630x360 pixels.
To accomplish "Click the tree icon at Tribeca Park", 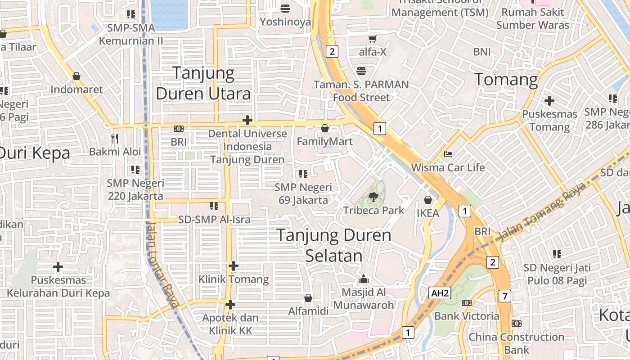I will pyautogui.click(x=373, y=196).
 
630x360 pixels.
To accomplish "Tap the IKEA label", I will pyautogui.click(x=427, y=213).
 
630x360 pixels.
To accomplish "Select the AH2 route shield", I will pyautogui.click(x=439, y=293).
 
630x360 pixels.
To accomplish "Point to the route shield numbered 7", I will pyautogui.click(x=505, y=296).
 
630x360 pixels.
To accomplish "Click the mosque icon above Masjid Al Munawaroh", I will pyautogui.click(x=363, y=279).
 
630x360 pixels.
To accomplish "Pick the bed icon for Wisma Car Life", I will pyautogui.click(x=448, y=154).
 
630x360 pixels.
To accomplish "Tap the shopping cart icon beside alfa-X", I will pyautogui.click(x=372, y=39).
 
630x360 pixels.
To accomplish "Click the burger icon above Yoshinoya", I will pyautogui.click(x=285, y=8).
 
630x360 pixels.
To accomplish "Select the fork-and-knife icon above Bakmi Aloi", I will pyautogui.click(x=115, y=138).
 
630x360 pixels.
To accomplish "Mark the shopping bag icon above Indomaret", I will pyautogui.click(x=76, y=76).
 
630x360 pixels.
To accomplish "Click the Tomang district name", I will pyautogui.click(x=506, y=80).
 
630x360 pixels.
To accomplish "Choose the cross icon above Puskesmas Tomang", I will pyautogui.click(x=549, y=101).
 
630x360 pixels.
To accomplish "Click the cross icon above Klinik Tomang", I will pyautogui.click(x=233, y=266).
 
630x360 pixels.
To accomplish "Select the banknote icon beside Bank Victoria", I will pyautogui.click(x=467, y=303).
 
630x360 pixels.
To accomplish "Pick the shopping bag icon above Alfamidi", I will pyautogui.click(x=308, y=298).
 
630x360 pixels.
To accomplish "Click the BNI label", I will pyautogui.click(x=482, y=52).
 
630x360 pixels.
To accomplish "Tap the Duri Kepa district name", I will pyautogui.click(x=35, y=153).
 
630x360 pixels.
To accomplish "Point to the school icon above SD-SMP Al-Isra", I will pyautogui.click(x=214, y=206).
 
